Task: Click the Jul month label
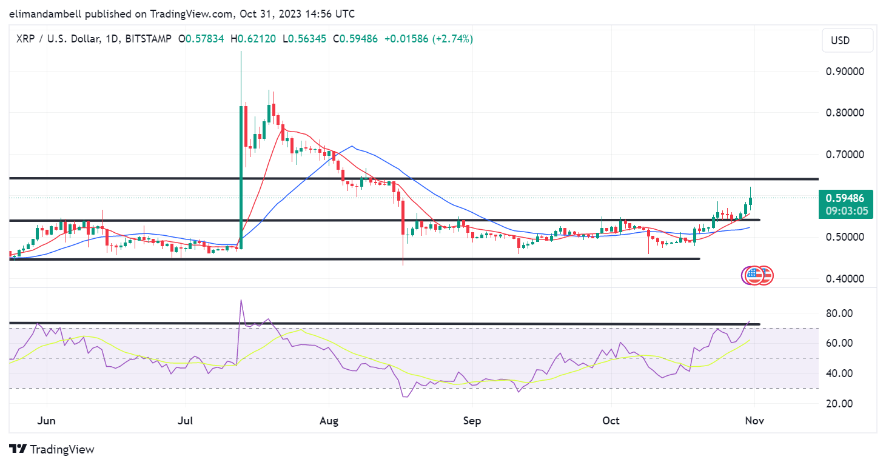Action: [x=186, y=421]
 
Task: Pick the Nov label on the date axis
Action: [x=754, y=421]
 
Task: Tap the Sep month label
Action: [x=471, y=421]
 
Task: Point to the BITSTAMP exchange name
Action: [x=147, y=39]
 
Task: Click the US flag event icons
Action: [x=757, y=275]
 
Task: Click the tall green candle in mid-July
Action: [x=241, y=176]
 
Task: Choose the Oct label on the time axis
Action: [x=611, y=421]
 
